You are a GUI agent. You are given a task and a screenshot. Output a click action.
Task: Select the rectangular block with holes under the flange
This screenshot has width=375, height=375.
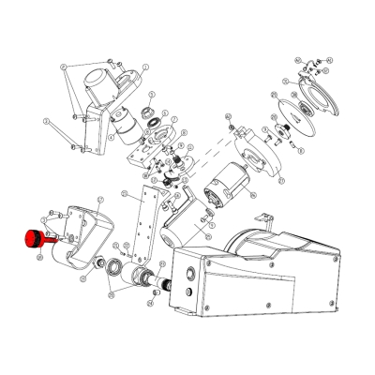pyautogui.click(x=150, y=150)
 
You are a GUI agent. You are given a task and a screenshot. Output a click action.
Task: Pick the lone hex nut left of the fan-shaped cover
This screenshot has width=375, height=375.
pyautogui.click(x=229, y=126)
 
